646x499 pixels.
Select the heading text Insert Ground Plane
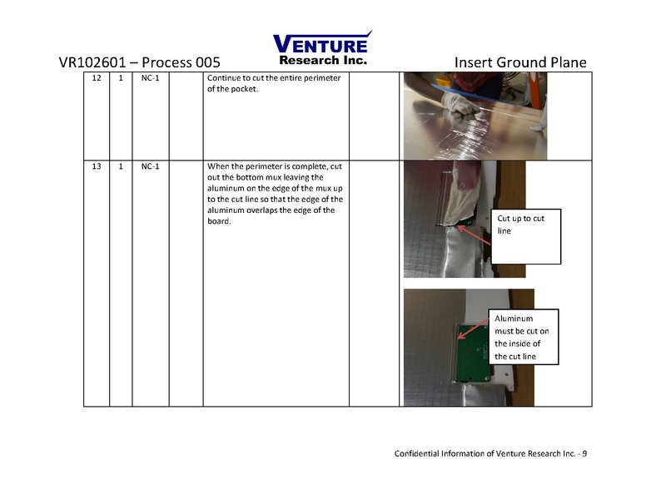pyautogui.click(x=521, y=63)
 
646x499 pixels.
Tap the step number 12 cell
pyautogui.click(x=97, y=79)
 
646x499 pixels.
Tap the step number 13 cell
pyautogui.click(x=97, y=167)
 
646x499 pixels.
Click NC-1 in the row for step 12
pyautogui.click(x=151, y=79)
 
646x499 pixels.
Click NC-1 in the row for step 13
pyautogui.click(x=151, y=167)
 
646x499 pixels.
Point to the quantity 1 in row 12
pyautogui.click(x=122, y=79)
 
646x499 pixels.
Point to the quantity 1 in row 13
pyautogui.click(x=122, y=167)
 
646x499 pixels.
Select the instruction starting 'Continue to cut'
pyautogui.click(x=274, y=84)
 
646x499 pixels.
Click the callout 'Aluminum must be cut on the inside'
pyautogui.click(x=524, y=337)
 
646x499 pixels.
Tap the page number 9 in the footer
pyautogui.click(x=584, y=454)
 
